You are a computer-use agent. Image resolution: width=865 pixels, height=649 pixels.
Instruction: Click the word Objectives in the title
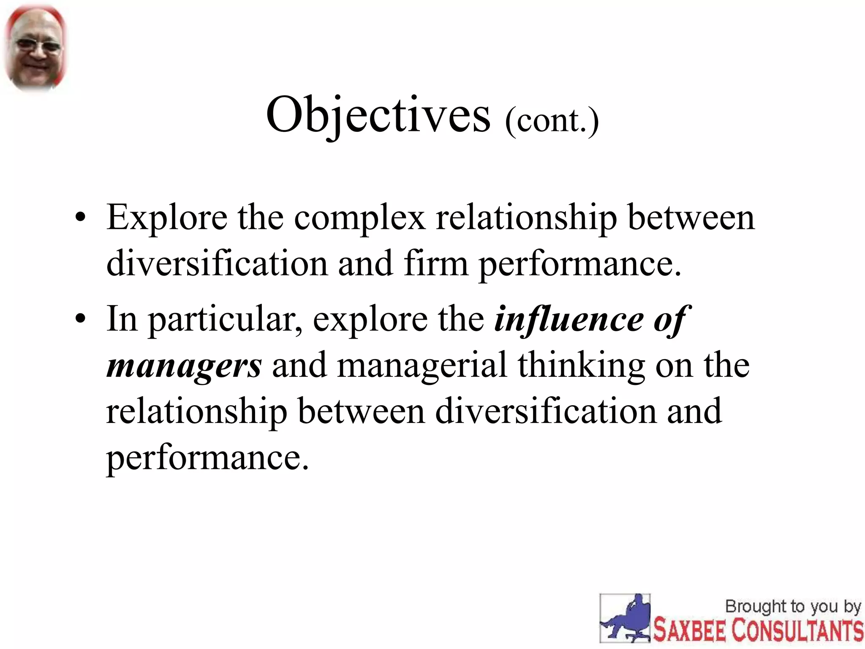[378, 115]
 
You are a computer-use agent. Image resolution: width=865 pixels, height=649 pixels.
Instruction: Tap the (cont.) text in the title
[552, 121]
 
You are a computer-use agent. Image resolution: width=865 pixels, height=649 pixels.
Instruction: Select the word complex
[359, 218]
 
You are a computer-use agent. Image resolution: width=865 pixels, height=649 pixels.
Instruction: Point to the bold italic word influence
[569, 319]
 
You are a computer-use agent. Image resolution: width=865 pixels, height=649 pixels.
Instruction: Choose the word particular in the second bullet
[224, 319]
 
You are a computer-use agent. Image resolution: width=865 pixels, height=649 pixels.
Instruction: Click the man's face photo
[35, 47]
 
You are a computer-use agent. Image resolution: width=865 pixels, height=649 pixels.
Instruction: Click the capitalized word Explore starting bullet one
[166, 218]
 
